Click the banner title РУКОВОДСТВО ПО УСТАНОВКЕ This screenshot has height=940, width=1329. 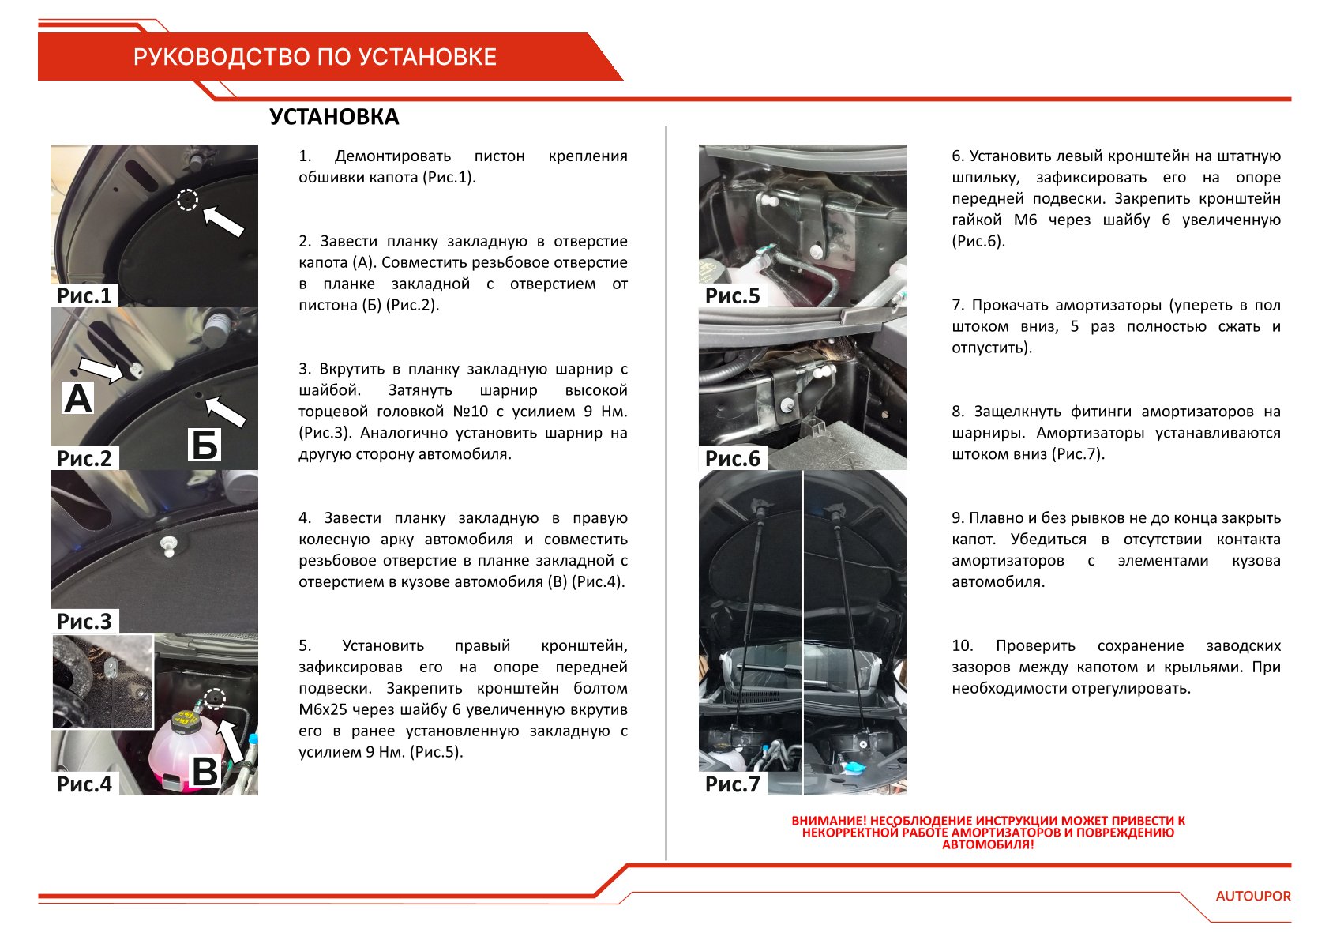[x=314, y=57]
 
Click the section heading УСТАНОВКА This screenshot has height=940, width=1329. [x=334, y=117]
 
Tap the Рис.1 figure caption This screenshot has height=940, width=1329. [x=84, y=295]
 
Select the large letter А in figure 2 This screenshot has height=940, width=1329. [x=78, y=398]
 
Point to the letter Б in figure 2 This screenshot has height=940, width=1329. [x=205, y=446]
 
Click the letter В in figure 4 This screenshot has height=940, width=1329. [x=205, y=772]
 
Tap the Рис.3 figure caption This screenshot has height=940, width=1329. [x=84, y=621]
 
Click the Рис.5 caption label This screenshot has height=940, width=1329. [x=732, y=295]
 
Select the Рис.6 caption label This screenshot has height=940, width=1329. [x=732, y=458]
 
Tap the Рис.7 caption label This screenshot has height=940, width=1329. [x=732, y=784]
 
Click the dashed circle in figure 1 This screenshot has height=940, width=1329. [x=187, y=200]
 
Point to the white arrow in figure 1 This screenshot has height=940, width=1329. [x=223, y=220]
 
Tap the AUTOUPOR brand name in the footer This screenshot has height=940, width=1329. [x=1253, y=896]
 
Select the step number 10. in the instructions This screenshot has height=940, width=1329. [x=962, y=645]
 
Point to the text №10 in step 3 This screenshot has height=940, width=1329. [x=471, y=412]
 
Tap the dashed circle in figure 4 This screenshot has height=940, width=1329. [x=214, y=698]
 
